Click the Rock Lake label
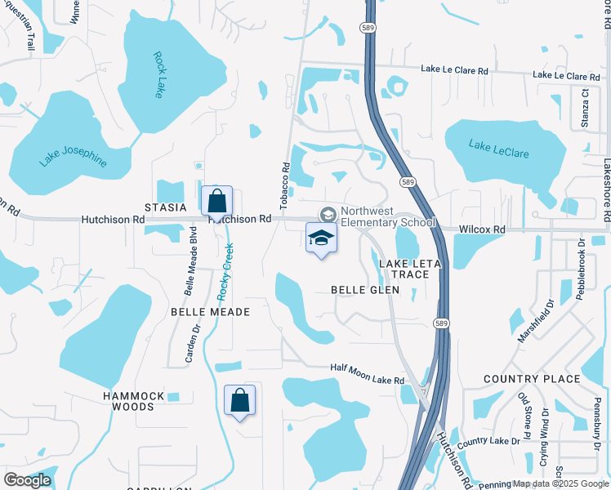[x=158, y=75]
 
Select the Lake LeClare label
[x=498, y=149]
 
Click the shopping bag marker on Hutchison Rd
[x=216, y=201]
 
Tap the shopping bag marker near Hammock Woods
[x=240, y=401]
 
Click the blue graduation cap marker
[x=321, y=240]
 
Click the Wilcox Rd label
[x=481, y=229]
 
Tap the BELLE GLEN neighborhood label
[x=365, y=290]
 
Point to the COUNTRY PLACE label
[x=532, y=379]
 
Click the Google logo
[x=27, y=480]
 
